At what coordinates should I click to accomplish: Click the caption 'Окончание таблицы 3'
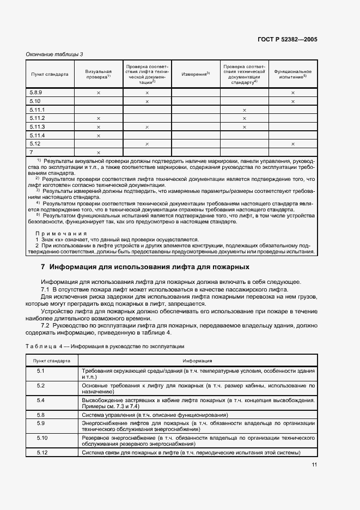[x=55, y=54]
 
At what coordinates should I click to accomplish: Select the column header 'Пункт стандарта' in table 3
[x=50, y=74]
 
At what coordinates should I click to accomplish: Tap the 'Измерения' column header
[x=196, y=74]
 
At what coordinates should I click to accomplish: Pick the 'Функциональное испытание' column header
[x=292, y=74]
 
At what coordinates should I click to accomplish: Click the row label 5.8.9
[x=36, y=93]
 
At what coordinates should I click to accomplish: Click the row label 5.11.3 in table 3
[x=37, y=126]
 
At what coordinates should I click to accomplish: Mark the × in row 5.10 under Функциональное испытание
[x=292, y=101]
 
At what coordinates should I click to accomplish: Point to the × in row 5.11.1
[x=244, y=110]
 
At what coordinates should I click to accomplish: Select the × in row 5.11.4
[x=99, y=135]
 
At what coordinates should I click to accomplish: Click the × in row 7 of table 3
[x=99, y=152]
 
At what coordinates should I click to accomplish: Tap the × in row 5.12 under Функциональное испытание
[x=292, y=144]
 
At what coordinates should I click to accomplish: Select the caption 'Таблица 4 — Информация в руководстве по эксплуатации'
[x=106, y=346]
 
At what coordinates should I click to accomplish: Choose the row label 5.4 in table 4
[x=41, y=400]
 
